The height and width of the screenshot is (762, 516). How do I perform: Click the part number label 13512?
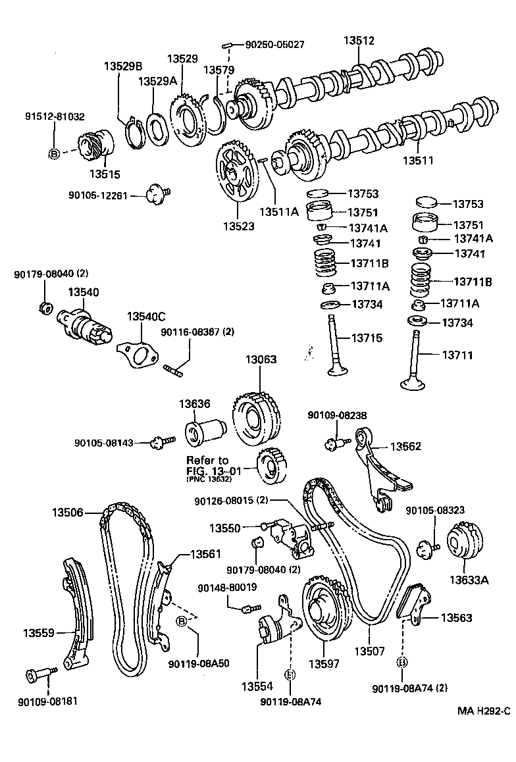359,41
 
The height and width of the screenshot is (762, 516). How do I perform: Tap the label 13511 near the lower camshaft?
418,160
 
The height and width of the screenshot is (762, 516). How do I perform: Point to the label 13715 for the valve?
367,338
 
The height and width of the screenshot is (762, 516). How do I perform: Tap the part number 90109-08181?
48,701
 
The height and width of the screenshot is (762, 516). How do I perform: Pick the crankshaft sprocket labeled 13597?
322,609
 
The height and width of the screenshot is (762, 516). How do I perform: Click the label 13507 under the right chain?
369,651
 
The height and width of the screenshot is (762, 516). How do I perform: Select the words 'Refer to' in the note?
207,460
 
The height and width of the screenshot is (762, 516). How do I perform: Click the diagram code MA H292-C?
484,711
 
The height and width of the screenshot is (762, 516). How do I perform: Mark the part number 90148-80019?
228,586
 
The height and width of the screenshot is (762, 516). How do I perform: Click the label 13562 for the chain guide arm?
405,446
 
